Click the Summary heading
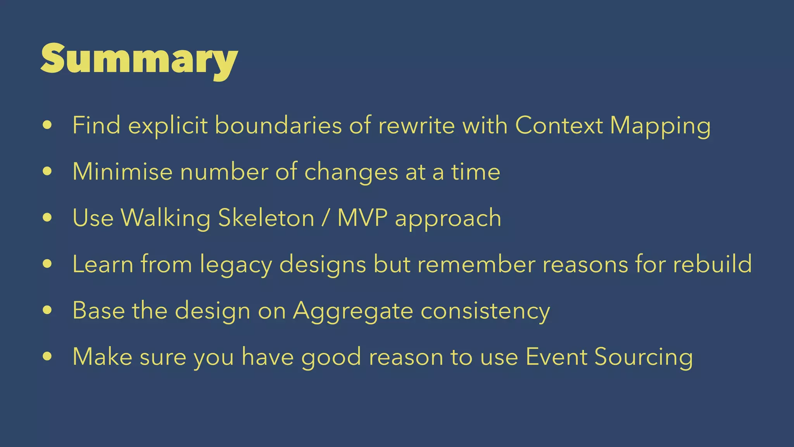coord(139,59)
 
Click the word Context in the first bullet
coord(559,125)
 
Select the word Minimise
coord(123,172)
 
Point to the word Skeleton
coord(266,218)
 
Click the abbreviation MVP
coord(362,218)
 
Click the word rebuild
coord(712,264)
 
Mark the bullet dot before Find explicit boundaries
coord(47,125)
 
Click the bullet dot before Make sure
coord(47,357)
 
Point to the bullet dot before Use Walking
coord(47,218)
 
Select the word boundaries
coord(278,125)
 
